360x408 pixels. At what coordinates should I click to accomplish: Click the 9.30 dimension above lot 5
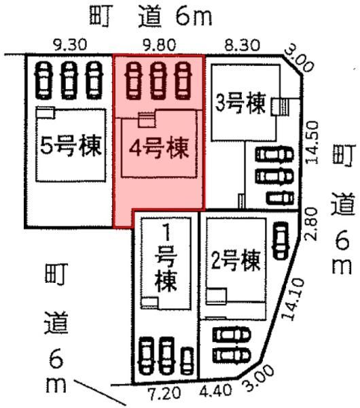[70, 45]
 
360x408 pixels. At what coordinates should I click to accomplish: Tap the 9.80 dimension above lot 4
[160, 45]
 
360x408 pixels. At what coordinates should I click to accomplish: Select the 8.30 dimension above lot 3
[242, 45]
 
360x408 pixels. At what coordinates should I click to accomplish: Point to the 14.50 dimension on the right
[312, 142]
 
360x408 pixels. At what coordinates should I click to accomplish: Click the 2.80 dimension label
[312, 224]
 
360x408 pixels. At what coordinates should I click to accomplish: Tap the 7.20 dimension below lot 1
[164, 393]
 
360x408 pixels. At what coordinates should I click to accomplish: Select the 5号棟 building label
[71, 146]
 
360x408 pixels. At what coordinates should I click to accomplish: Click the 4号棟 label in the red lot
[159, 148]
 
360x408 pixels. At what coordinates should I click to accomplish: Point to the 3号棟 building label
[240, 103]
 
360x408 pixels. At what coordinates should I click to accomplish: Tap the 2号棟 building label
[236, 260]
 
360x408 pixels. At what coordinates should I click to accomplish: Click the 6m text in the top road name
[194, 16]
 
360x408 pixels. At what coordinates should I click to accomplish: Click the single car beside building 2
[281, 241]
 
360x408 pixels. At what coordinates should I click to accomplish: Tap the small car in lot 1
[187, 360]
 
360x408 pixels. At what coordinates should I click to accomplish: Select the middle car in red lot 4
[158, 80]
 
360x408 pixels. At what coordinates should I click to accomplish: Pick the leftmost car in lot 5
[43, 80]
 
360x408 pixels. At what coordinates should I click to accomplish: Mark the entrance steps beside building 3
[281, 107]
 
